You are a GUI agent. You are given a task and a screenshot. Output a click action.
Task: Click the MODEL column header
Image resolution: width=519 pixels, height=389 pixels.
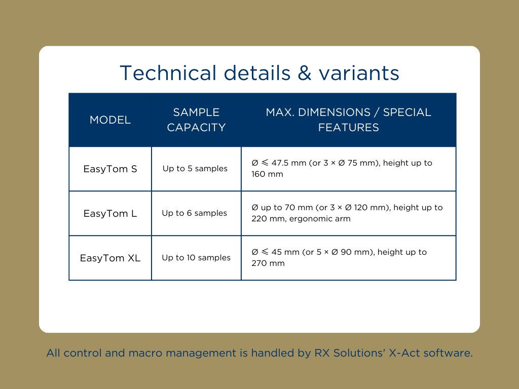point(110,120)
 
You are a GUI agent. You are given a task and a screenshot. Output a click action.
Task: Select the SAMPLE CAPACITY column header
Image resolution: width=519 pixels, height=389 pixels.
point(196,120)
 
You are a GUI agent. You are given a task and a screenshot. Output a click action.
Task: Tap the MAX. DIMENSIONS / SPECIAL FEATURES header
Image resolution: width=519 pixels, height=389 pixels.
point(349,120)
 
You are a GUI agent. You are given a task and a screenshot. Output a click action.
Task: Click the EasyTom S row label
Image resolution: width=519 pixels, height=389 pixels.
point(110,169)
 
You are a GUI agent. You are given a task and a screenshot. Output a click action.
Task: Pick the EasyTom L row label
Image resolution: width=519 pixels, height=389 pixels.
point(110,213)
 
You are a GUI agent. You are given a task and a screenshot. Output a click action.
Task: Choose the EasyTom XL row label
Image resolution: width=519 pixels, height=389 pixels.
point(110,258)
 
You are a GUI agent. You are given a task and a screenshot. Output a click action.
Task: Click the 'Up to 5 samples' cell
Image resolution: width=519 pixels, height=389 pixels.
point(195,169)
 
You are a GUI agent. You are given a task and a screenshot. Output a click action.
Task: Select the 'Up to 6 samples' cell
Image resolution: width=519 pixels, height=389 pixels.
point(195,213)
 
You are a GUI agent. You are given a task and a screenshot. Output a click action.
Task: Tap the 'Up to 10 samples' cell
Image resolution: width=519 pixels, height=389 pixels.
point(196,258)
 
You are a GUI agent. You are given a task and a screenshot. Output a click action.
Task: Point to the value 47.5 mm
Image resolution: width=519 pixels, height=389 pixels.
point(288,163)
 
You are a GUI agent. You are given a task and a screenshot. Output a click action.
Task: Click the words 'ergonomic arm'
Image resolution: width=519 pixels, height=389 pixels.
point(320,219)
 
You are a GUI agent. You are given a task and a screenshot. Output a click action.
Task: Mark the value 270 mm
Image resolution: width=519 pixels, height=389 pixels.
point(268,263)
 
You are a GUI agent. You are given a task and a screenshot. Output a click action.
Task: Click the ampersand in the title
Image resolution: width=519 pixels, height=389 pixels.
point(305,73)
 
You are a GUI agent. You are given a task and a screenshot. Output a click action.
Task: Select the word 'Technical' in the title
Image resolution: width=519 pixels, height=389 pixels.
point(168,73)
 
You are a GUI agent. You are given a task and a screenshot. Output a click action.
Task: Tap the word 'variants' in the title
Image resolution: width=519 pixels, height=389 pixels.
point(359,73)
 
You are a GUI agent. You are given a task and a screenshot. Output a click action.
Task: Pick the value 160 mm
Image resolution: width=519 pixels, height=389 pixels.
point(268,174)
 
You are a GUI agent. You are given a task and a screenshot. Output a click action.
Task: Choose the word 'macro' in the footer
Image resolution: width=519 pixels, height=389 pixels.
point(145,353)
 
